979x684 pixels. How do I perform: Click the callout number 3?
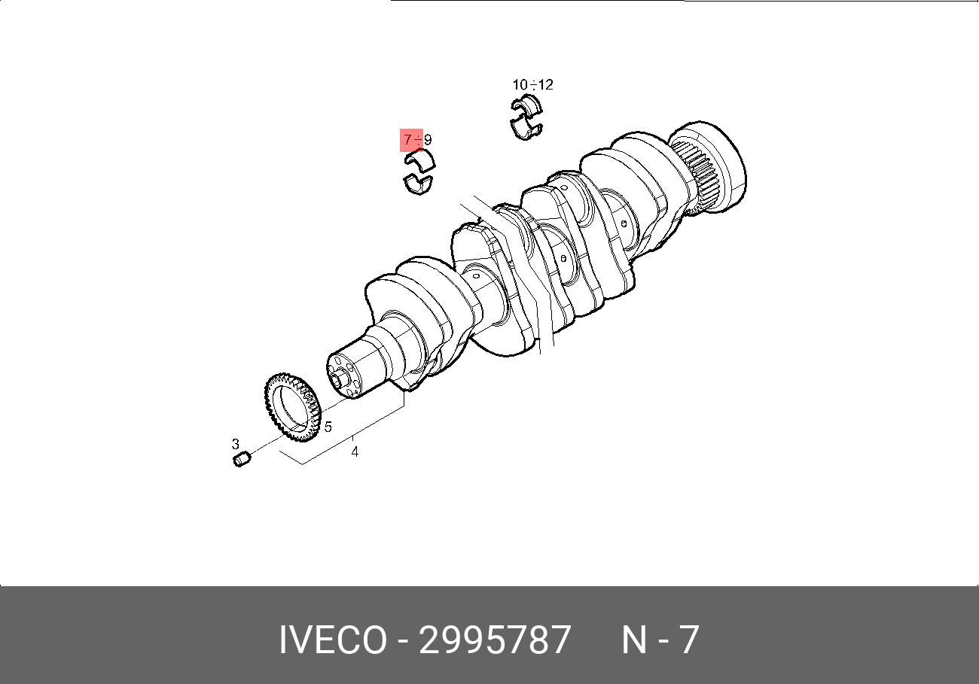[236, 444]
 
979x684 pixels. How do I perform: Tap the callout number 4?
[355, 452]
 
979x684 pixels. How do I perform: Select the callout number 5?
[328, 427]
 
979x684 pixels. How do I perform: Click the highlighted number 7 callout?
[407, 140]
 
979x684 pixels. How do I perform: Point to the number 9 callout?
[428, 140]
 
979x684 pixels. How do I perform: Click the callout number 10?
[520, 85]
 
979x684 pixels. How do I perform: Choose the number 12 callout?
[546, 85]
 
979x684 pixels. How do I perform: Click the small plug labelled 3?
[241, 459]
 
